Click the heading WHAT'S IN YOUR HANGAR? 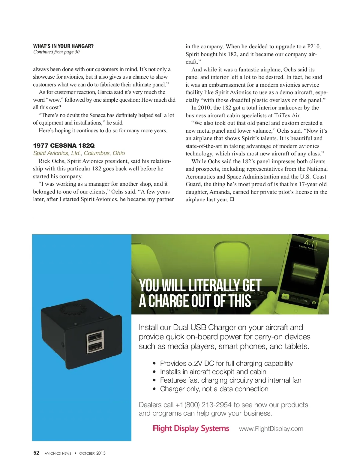63,46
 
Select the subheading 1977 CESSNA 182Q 64,146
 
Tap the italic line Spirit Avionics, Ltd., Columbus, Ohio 79,153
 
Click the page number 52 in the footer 36,453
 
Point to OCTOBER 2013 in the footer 92,453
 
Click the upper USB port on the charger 95,336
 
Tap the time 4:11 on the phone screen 311,243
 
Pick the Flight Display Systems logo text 191,428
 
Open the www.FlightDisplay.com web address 271,429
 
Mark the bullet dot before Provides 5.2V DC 154,364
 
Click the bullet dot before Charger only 154,389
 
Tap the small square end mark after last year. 232,200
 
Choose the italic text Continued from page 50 56,52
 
